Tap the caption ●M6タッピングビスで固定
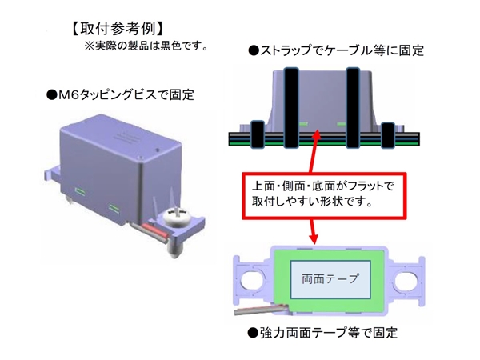121,94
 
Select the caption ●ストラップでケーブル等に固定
336,50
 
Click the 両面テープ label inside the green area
324,281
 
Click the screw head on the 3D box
177,217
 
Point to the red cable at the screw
158,233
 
